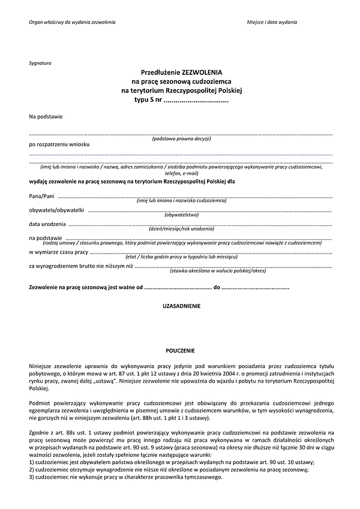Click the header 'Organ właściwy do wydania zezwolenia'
(x=72, y=22)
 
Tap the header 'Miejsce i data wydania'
(x=272, y=22)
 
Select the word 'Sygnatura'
(x=40, y=63)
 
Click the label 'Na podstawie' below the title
(x=46, y=116)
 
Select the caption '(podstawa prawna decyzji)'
(x=181, y=139)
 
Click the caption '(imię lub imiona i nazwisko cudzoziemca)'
(x=181, y=201)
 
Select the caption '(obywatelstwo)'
(x=181, y=215)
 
